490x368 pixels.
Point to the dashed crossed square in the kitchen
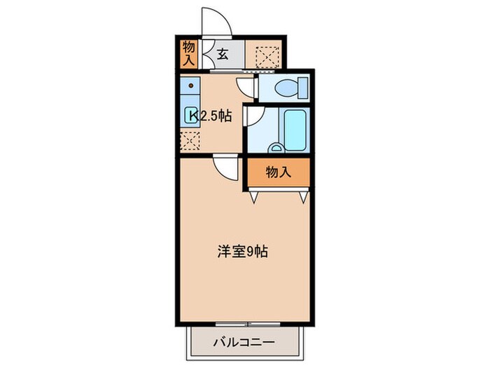(190, 140)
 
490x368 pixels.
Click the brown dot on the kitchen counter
(189, 88)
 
